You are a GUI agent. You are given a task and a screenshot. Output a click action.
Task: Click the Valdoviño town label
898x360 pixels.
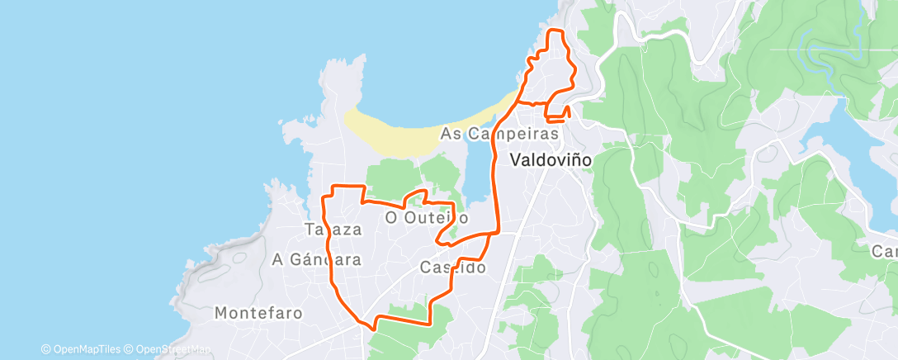551,160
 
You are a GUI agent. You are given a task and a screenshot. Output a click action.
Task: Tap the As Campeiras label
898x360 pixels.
501,133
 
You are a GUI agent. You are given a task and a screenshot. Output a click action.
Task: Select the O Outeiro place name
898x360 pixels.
427,218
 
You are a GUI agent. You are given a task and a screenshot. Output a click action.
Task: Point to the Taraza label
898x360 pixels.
333,230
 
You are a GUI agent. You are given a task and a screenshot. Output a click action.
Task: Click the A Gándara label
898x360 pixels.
318,259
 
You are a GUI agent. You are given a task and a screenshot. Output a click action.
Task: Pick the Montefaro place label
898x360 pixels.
258,313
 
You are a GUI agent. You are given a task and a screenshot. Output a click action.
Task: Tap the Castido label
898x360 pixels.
452,268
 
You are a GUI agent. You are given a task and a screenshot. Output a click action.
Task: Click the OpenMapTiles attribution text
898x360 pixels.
83,349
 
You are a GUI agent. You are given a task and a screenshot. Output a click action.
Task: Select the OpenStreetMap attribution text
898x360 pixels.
169,349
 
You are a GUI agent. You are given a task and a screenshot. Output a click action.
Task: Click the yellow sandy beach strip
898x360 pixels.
413,132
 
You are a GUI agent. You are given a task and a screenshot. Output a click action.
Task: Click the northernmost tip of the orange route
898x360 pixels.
555,31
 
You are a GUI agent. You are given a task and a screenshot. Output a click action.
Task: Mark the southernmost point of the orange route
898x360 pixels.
374,328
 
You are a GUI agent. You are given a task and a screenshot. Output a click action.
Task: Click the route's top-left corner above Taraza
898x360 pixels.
332,187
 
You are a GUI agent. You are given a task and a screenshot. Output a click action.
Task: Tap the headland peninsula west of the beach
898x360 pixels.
340,83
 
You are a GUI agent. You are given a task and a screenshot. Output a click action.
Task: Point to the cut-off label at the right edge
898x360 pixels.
887,250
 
